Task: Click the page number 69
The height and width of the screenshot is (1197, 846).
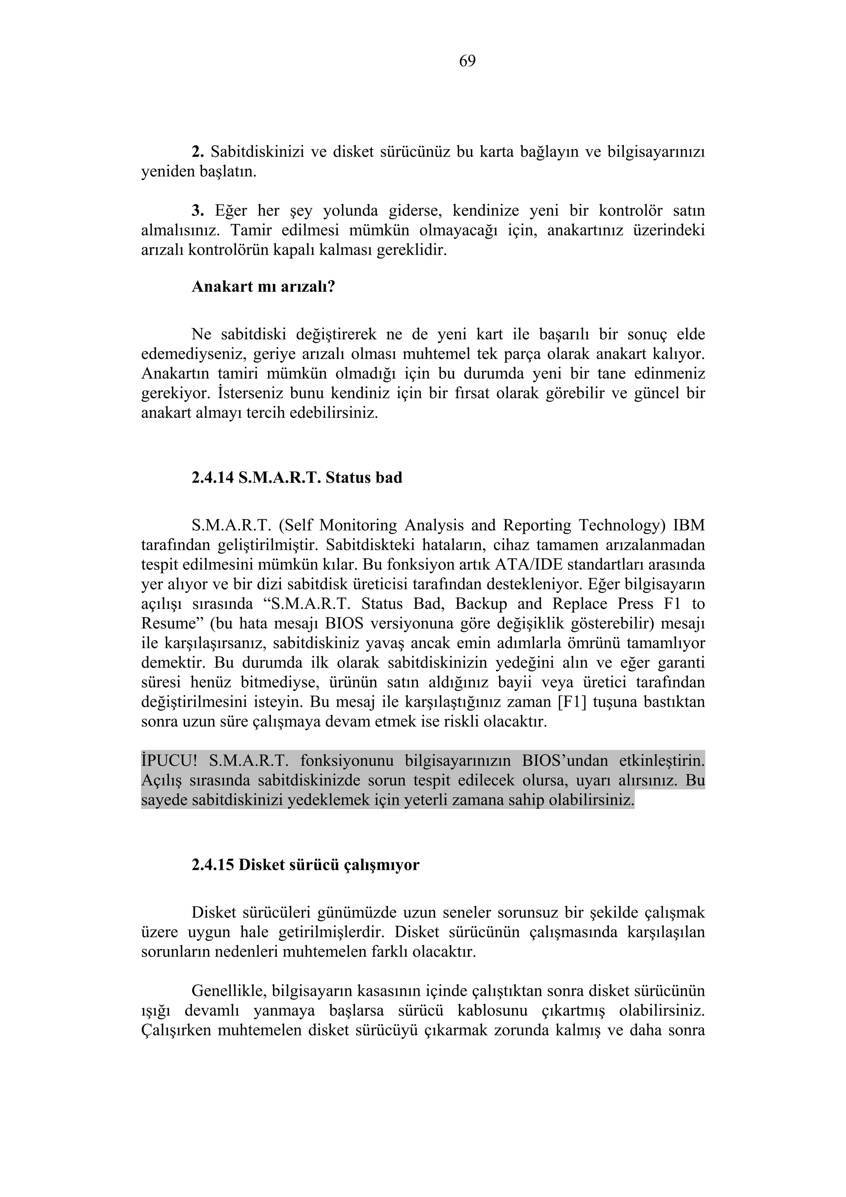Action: pyautogui.click(x=467, y=62)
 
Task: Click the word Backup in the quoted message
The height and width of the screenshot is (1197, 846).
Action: pyautogui.click(x=480, y=604)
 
